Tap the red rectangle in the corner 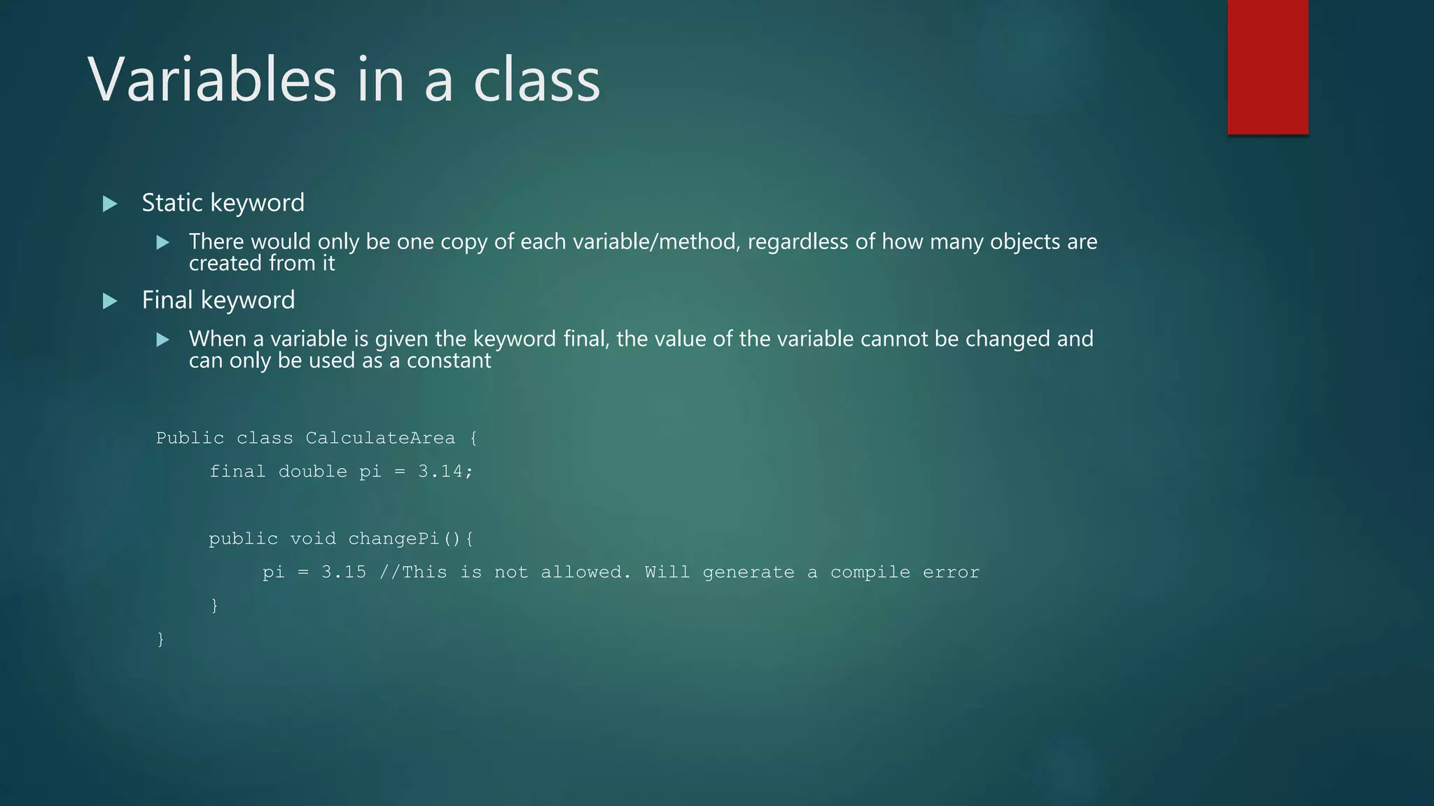[1267, 67]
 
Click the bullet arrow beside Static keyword [110, 204]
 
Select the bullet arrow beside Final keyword [110, 301]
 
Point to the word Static [172, 203]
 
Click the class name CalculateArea [380, 438]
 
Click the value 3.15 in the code [344, 572]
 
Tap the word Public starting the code [190, 438]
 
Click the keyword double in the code [312, 472]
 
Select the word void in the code [313, 539]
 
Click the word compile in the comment [870, 572]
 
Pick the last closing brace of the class [161, 639]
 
